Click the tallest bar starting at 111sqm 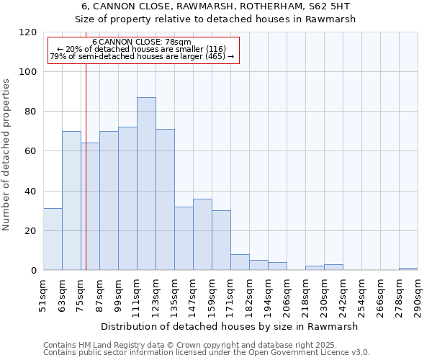(x=146, y=184)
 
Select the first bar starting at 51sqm (x=53, y=239)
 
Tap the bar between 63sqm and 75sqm (x=71, y=201)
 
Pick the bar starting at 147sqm (x=202, y=234)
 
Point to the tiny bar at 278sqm (x=408, y=269)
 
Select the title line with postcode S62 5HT (x=215, y=6)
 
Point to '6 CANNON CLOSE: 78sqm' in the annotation (x=141, y=42)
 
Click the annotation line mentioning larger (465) (x=141, y=56)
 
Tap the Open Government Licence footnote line (x=207, y=352)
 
